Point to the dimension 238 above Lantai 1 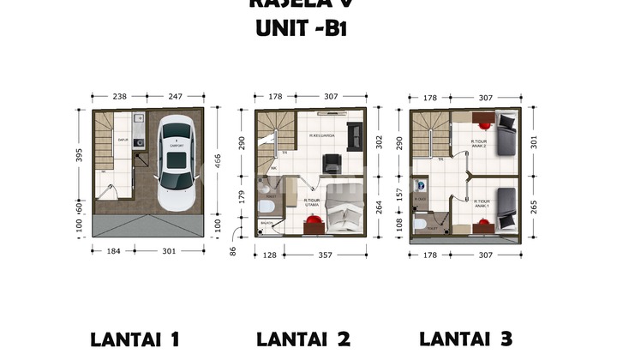point(119,97)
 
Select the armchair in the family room point(328,165)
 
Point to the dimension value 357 point(324,254)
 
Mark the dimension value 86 point(232,250)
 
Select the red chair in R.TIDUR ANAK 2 point(482,120)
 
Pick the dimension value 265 point(535,206)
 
